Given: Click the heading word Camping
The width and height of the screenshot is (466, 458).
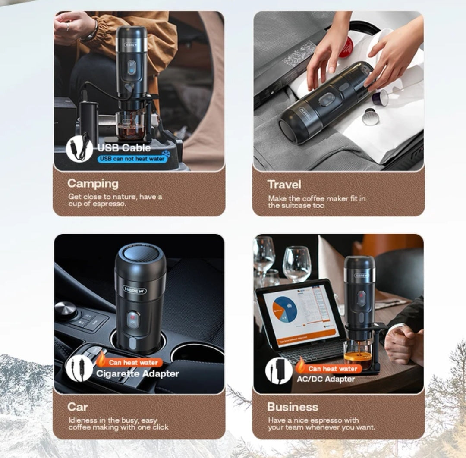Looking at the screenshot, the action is click(x=93, y=184).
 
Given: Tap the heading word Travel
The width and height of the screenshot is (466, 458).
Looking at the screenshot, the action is click(x=284, y=185).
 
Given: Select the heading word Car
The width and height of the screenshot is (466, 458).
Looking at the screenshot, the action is click(x=78, y=407).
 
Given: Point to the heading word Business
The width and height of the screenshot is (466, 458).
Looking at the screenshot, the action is click(x=293, y=407).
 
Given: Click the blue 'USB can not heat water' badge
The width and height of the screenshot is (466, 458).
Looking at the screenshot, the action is click(x=132, y=159).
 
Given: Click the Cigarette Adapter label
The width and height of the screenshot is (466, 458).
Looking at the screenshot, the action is click(x=138, y=373).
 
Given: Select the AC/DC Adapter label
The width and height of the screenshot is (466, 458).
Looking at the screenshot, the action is click(x=326, y=379).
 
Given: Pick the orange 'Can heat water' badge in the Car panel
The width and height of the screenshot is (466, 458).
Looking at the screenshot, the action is click(x=130, y=362).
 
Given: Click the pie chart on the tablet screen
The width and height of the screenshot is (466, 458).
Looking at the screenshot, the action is click(x=285, y=309).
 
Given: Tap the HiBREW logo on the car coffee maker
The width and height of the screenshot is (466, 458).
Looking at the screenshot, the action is click(x=135, y=290).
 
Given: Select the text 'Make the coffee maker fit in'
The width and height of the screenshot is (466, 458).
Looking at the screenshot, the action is click(x=317, y=198).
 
